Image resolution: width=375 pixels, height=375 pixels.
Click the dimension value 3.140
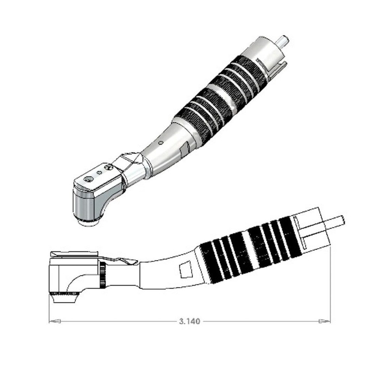(189, 321)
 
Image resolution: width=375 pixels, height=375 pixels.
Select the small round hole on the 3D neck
(160, 142)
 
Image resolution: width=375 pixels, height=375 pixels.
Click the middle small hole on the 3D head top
(99, 173)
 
